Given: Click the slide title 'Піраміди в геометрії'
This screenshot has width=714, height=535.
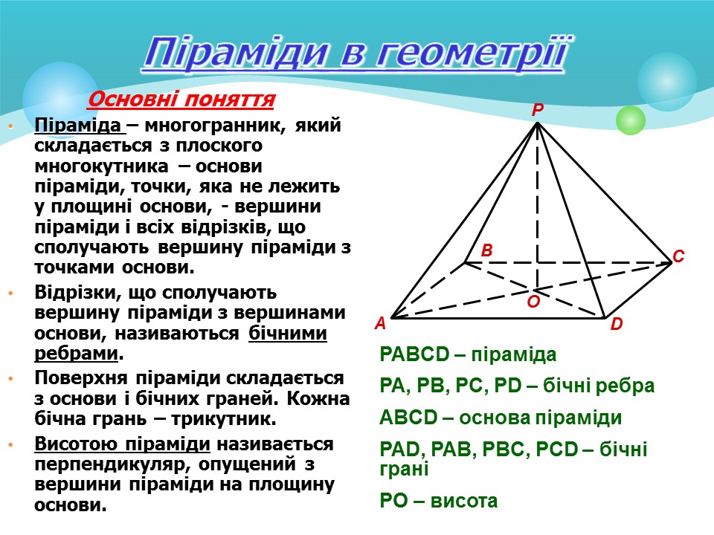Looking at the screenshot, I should [358, 52].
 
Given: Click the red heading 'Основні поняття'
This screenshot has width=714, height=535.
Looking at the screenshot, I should [182, 99].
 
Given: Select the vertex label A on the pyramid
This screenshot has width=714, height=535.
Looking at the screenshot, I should [379, 324].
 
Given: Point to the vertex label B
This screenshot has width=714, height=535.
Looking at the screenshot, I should [487, 251].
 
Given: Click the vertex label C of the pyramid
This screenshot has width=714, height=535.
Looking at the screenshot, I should [678, 256].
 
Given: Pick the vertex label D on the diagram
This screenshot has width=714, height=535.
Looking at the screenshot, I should [616, 325].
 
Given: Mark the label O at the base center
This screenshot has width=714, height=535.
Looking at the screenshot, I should [533, 302].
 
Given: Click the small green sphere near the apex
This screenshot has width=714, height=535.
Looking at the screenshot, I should [631, 120].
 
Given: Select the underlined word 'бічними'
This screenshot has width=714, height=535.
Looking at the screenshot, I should [287, 333].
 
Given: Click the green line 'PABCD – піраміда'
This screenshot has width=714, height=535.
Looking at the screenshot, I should [468, 354].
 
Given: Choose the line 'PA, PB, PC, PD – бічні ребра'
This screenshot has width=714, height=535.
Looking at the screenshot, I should [517, 386].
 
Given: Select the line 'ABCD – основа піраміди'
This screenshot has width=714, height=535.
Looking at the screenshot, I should [501, 418].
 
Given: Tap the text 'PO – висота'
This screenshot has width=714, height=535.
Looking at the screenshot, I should [438, 502].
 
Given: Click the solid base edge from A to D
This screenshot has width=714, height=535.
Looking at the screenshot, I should [498, 319].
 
